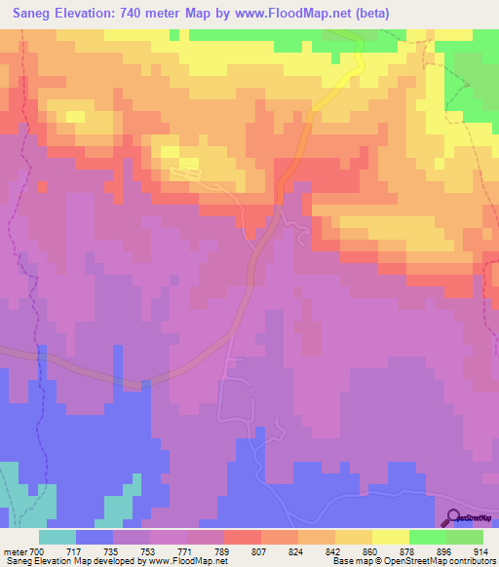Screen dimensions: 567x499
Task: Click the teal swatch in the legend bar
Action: pos(57,537)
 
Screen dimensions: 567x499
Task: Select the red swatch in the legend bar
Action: pos(242,537)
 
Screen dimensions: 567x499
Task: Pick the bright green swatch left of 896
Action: pos(427,537)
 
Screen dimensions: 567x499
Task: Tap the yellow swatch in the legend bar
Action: pos(390,537)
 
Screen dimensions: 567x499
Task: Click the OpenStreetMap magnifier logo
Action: pos(456,517)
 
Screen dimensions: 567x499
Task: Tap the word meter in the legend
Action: pos(15,551)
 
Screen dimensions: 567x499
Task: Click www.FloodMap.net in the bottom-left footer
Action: pos(186,561)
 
